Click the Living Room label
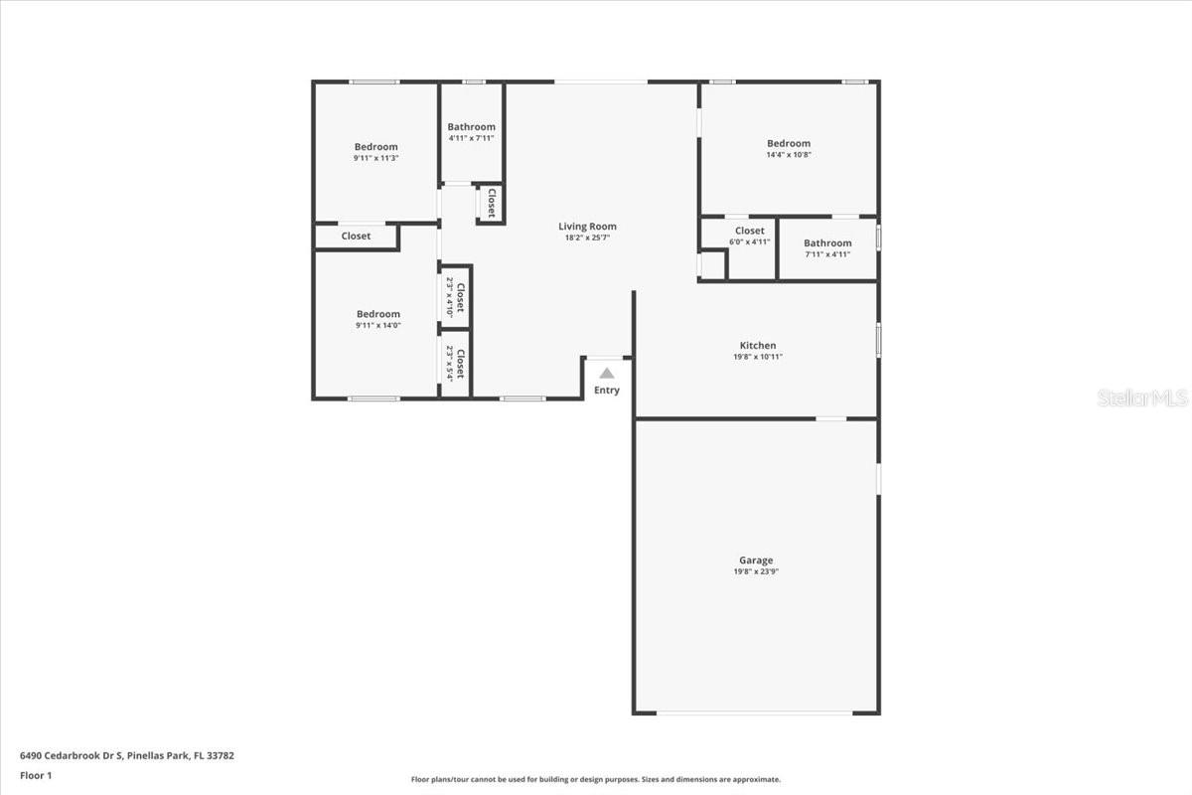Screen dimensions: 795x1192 587,227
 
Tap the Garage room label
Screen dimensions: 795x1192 755,560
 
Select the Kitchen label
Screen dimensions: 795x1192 758,346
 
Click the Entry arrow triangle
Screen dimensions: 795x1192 606,373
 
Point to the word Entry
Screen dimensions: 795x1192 606,391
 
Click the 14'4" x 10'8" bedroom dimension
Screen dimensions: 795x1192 788,155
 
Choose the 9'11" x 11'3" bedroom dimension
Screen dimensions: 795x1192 375,158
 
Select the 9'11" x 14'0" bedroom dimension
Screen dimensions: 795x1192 377,325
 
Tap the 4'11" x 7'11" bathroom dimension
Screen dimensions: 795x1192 471,138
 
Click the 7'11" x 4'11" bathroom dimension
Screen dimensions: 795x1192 826,254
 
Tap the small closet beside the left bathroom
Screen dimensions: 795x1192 490,203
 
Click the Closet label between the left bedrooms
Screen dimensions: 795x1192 356,237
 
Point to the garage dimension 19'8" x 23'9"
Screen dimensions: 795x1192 755,572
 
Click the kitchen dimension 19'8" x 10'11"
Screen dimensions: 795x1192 758,357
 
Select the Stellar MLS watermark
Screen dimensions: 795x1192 1142,398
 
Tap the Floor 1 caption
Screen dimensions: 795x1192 36,775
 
